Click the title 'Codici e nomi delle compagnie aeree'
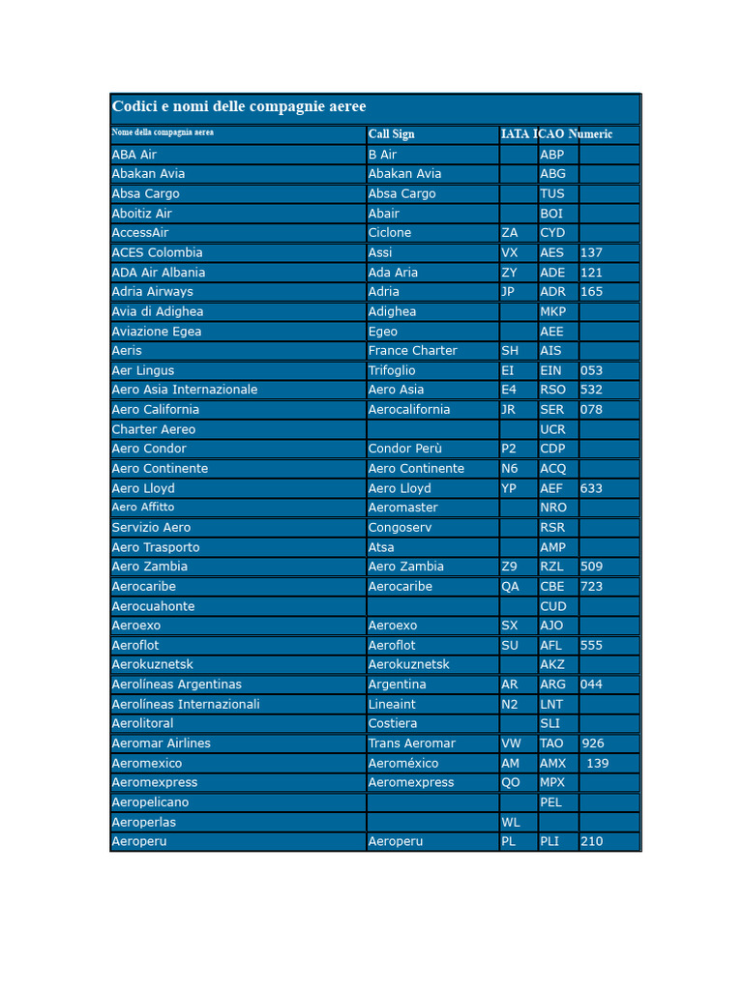(239, 107)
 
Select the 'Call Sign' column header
(391, 134)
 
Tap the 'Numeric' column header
(591, 134)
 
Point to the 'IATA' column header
(515, 134)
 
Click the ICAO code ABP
(551, 155)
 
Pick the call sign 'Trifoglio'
(392, 370)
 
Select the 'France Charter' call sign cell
(412, 351)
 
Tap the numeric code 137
(591, 252)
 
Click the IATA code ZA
(510, 233)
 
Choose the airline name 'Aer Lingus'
(143, 370)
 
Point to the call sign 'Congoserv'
(401, 528)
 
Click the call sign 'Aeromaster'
(402, 508)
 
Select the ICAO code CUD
(553, 606)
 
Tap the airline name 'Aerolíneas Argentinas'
(177, 684)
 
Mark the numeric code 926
(593, 743)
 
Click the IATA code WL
(511, 823)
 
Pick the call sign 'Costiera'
(393, 723)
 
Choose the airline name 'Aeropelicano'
(150, 802)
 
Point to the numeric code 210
(591, 842)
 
